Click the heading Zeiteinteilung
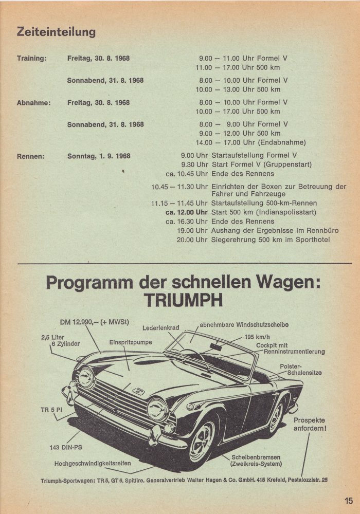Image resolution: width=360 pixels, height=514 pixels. click(57, 32)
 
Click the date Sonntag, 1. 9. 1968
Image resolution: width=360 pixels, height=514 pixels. click(99, 156)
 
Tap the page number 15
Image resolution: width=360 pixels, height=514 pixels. click(349, 500)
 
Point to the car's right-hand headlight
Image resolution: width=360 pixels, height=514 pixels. click(158, 410)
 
